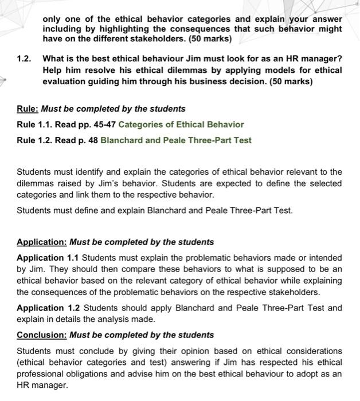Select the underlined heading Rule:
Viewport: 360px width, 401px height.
pos(27,108)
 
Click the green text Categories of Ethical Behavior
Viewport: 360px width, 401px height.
pos(181,124)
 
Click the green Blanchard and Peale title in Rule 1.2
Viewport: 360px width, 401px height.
pos(175,140)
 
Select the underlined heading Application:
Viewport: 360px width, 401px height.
pos(42,242)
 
